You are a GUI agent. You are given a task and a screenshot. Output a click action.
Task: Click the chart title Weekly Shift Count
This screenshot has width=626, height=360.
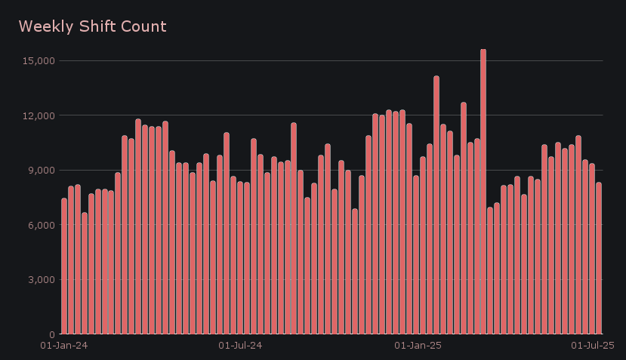click(x=92, y=26)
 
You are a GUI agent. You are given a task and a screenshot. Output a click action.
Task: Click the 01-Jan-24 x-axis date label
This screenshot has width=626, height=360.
click(x=63, y=346)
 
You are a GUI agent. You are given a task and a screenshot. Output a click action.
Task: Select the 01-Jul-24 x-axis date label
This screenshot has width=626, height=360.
click(x=240, y=346)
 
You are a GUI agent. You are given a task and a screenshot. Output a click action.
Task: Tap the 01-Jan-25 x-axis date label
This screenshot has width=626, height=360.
click(x=418, y=346)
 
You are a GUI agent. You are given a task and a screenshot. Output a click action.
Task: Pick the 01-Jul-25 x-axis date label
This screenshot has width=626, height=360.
click(x=592, y=346)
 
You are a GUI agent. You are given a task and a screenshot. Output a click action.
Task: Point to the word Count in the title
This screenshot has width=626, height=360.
click(x=145, y=26)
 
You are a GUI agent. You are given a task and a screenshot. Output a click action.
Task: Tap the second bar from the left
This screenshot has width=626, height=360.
click(x=71, y=260)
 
